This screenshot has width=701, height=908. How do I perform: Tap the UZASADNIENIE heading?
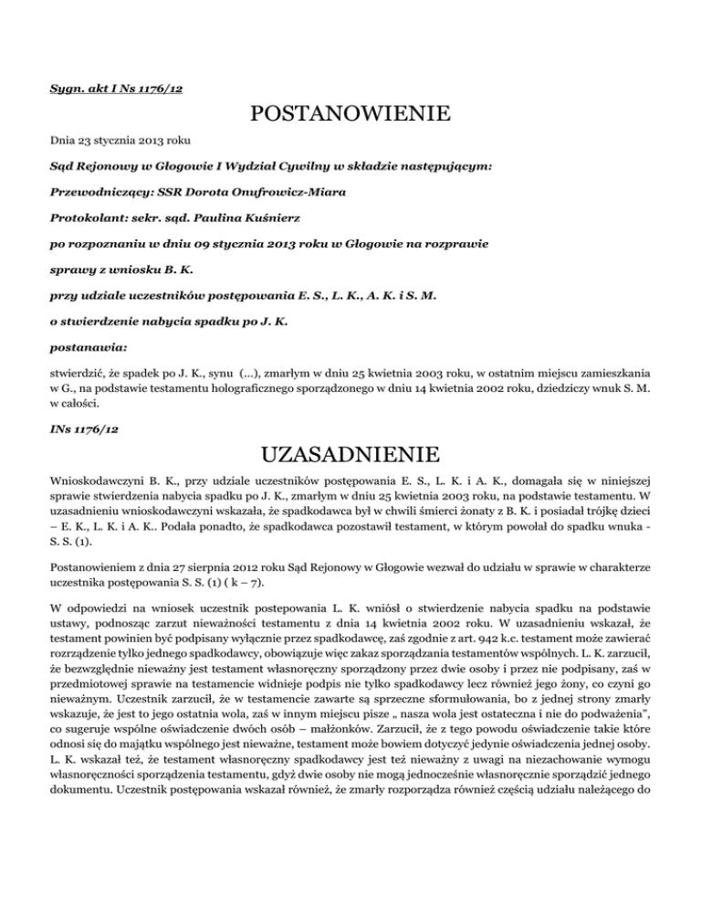tap(350, 454)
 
